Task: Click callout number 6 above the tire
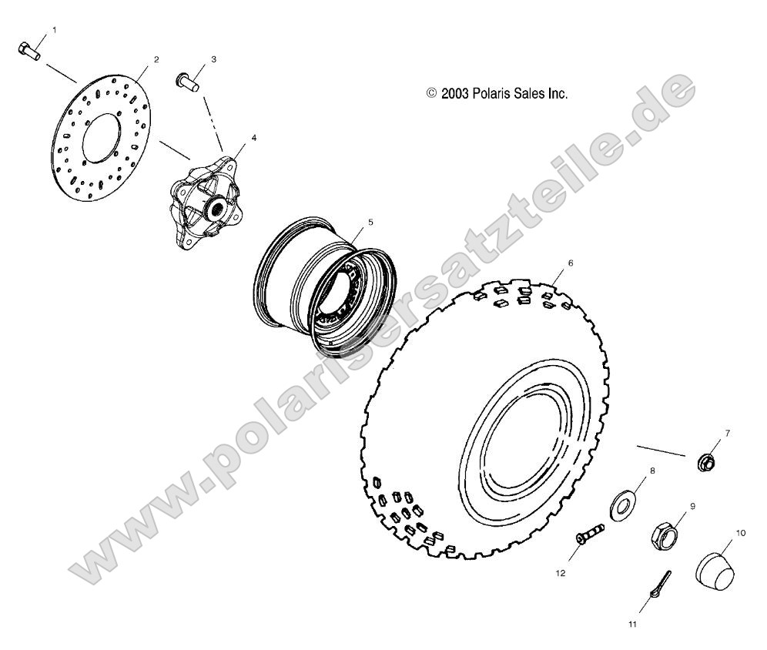pos(571,263)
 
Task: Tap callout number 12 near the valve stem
pos(562,573)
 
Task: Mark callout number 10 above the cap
pos(742,532)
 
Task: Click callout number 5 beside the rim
pos(370,222)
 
